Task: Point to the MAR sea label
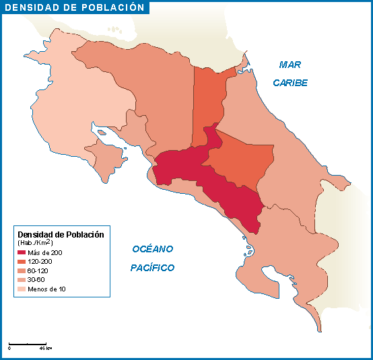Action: tap(290, 65)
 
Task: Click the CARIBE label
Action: tap(290, 83)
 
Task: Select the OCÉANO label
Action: tap(153, 249)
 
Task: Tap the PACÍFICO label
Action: tap(152, 268)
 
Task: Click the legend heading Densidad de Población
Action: tap(61, 235)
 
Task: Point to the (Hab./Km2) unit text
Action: tap(35, 242)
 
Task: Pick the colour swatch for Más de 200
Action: tap(22, 252)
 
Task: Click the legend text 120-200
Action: tap(40, 261)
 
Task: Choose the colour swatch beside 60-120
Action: tap(22, 271)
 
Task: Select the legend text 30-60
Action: tap(36, 279)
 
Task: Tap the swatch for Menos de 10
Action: tap(22, 289)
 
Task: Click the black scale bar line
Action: tap(27, 343)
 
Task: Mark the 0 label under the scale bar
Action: tap(9, 349)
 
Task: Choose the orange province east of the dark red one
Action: tap(242, 161)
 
